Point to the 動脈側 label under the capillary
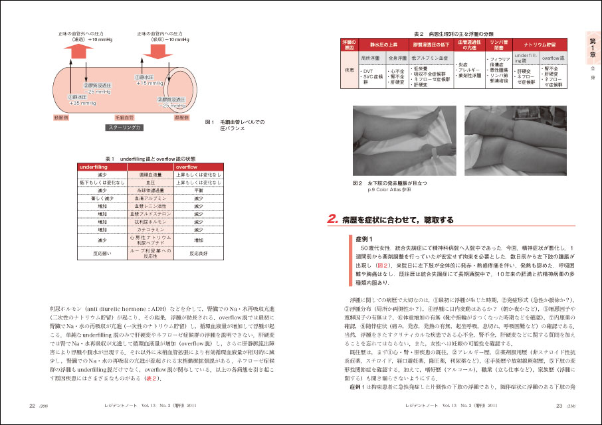62,117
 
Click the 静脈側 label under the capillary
181,117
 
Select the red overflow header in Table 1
200,167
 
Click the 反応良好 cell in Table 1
200,253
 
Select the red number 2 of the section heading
332,218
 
